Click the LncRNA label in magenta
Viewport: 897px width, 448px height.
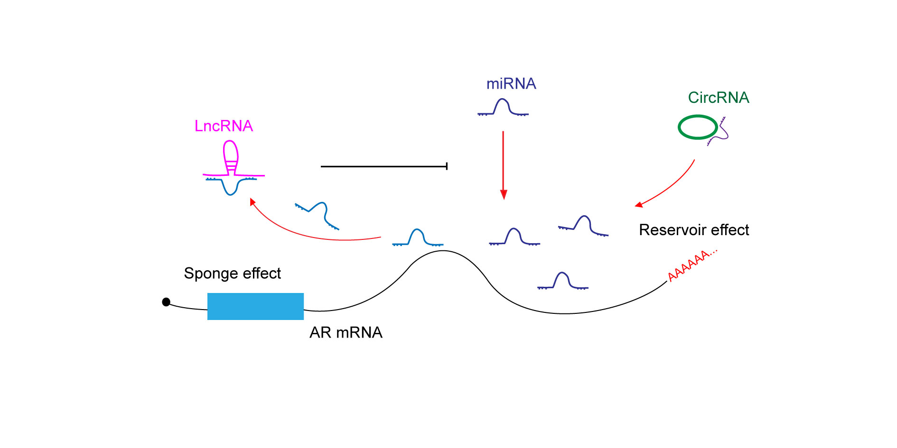click(x=224, y=126)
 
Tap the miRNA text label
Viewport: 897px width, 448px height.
click(x=511, y=84)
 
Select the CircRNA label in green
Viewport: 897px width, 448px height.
click(x=719, y=98)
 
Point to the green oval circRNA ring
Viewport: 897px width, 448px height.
click(x=698, y=116)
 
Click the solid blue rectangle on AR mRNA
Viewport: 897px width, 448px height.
click(x=255, y=306)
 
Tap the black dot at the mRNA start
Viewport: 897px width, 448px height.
click(x=166, y=302)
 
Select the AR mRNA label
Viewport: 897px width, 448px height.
click(x=346, y=332)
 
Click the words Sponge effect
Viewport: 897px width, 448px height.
click(x=232, y=274)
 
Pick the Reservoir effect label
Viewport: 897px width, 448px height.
click(x=694, y=230)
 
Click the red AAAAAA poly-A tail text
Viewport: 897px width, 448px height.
click(x=692, y=265)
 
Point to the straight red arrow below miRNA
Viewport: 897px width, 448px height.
click(x=504, y=165)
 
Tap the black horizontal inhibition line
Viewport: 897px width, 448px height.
click(x=384, y=166)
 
